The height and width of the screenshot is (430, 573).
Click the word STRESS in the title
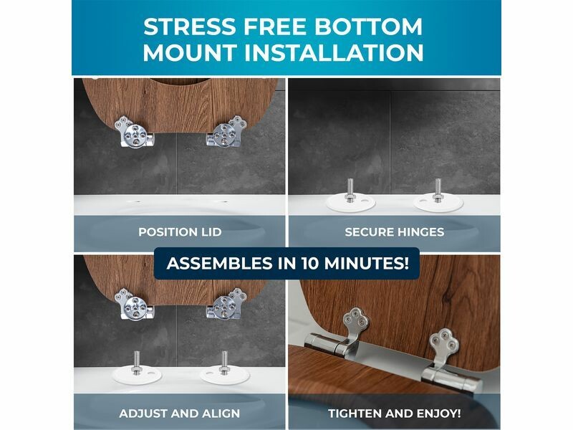tap(190, 27)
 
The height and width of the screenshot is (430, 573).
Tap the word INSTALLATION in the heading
tap(334, 52)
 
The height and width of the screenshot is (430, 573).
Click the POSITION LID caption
tap(180, 231)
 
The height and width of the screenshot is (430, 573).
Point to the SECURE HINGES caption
tap(395, 231)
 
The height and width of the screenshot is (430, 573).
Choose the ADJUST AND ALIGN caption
tap(180, 414)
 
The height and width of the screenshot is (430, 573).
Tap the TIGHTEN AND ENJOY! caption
tap(395, 414)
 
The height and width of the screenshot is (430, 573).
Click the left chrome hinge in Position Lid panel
tap(133, 132)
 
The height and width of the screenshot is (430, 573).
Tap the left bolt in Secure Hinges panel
tap(350, 190)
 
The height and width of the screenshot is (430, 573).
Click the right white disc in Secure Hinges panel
tap(438, 203)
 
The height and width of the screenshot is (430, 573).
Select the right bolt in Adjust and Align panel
tap(223, 363)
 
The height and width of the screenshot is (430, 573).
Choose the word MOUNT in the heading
tap(190, 52)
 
